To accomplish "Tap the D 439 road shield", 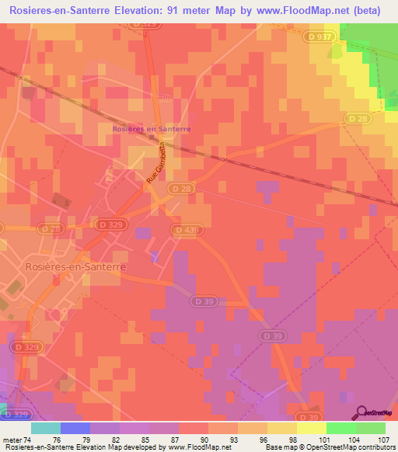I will pos(187,230).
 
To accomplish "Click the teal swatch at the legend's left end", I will pos(46,428).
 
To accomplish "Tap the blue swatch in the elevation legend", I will pos(75,428).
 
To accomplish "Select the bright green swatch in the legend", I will pos(340,428).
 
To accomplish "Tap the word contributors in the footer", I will pos(371,447).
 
